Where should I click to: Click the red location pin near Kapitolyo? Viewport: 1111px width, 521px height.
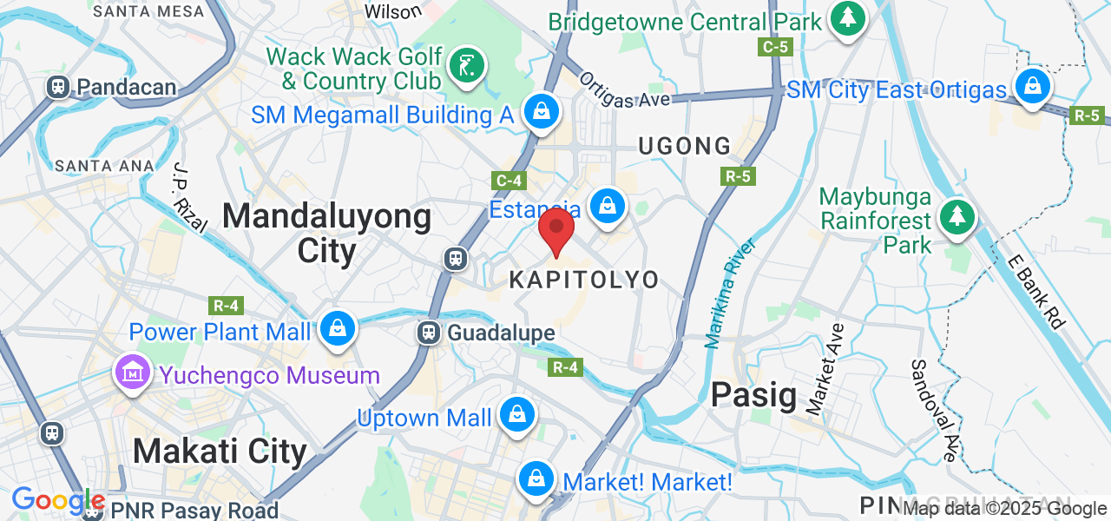556,230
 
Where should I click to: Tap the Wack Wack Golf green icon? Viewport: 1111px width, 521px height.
467,67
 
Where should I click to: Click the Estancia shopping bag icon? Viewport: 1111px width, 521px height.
608,208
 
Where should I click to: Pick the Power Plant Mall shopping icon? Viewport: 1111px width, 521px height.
337,329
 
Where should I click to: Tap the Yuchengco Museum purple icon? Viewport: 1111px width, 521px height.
132,374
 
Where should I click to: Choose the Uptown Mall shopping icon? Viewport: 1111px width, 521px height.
516,416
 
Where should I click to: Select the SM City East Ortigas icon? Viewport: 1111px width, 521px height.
1033,87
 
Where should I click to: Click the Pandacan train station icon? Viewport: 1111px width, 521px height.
59,87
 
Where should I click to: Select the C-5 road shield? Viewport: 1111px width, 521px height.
774,47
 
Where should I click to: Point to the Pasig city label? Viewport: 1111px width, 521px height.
753,395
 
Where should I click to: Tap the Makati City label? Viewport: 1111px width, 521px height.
220,452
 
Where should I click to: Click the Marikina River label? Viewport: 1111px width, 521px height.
731,292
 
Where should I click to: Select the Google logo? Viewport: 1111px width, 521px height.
57,500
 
